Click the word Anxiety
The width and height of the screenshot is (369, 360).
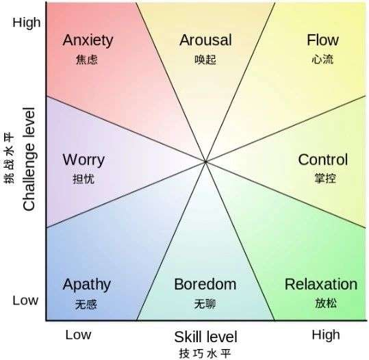(88, 41)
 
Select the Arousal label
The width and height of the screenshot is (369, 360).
(205, 40)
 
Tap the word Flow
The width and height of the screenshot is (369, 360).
(322, 40)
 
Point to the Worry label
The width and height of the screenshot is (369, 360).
(84, 160)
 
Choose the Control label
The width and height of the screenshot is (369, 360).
(323, 159)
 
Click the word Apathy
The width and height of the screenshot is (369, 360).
(86, 285)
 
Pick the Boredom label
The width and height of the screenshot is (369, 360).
(205, 284)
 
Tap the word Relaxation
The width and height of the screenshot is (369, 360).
(321, 284)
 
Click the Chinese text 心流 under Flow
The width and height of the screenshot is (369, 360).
(322, 60)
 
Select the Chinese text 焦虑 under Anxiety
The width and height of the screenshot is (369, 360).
(86, 60)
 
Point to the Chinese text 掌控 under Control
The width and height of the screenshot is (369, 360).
(325, 178)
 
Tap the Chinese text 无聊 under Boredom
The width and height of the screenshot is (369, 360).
(205, 304)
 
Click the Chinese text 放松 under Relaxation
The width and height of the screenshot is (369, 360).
(326, 303)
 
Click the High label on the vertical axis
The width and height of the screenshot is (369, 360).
(26, 23)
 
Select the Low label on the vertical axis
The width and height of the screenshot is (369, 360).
(25, 300)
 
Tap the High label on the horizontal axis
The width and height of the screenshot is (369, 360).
(326, 335)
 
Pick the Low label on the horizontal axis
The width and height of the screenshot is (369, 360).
(78, 335)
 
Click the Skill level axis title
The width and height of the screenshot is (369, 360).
(205, 337)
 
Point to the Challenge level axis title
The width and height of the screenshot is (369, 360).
(29, 159)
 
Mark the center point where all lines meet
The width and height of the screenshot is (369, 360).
(205, 162)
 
